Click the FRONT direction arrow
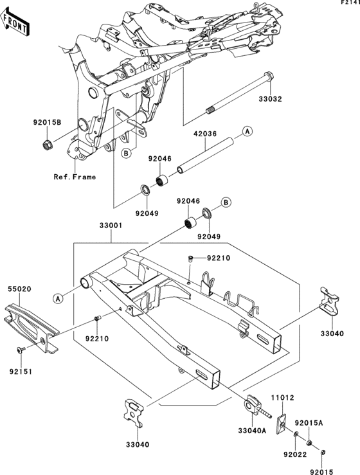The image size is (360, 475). coord(15,22)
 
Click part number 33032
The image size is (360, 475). coord(270,99)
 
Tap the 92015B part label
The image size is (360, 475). coord(48,122)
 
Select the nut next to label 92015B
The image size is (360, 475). coord(47,145)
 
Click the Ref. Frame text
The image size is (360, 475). coord(75,177)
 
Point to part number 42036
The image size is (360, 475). coord(205,133)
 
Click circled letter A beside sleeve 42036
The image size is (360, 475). coord(248,131)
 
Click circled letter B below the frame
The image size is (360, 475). coord(127,153)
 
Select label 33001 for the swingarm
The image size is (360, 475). coord(111,226)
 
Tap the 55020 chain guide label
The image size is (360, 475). coord(19,289)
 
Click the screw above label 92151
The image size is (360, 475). coord(21,350)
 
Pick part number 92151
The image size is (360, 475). coord(21,372)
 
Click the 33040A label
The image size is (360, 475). coord(252,431)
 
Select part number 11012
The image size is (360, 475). coord(282,397)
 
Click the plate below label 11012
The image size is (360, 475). coord(282,424)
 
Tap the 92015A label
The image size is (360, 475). coord(309,423)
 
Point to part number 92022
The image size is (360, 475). coord(295,454)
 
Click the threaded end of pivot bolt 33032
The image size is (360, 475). coord(210,111)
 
